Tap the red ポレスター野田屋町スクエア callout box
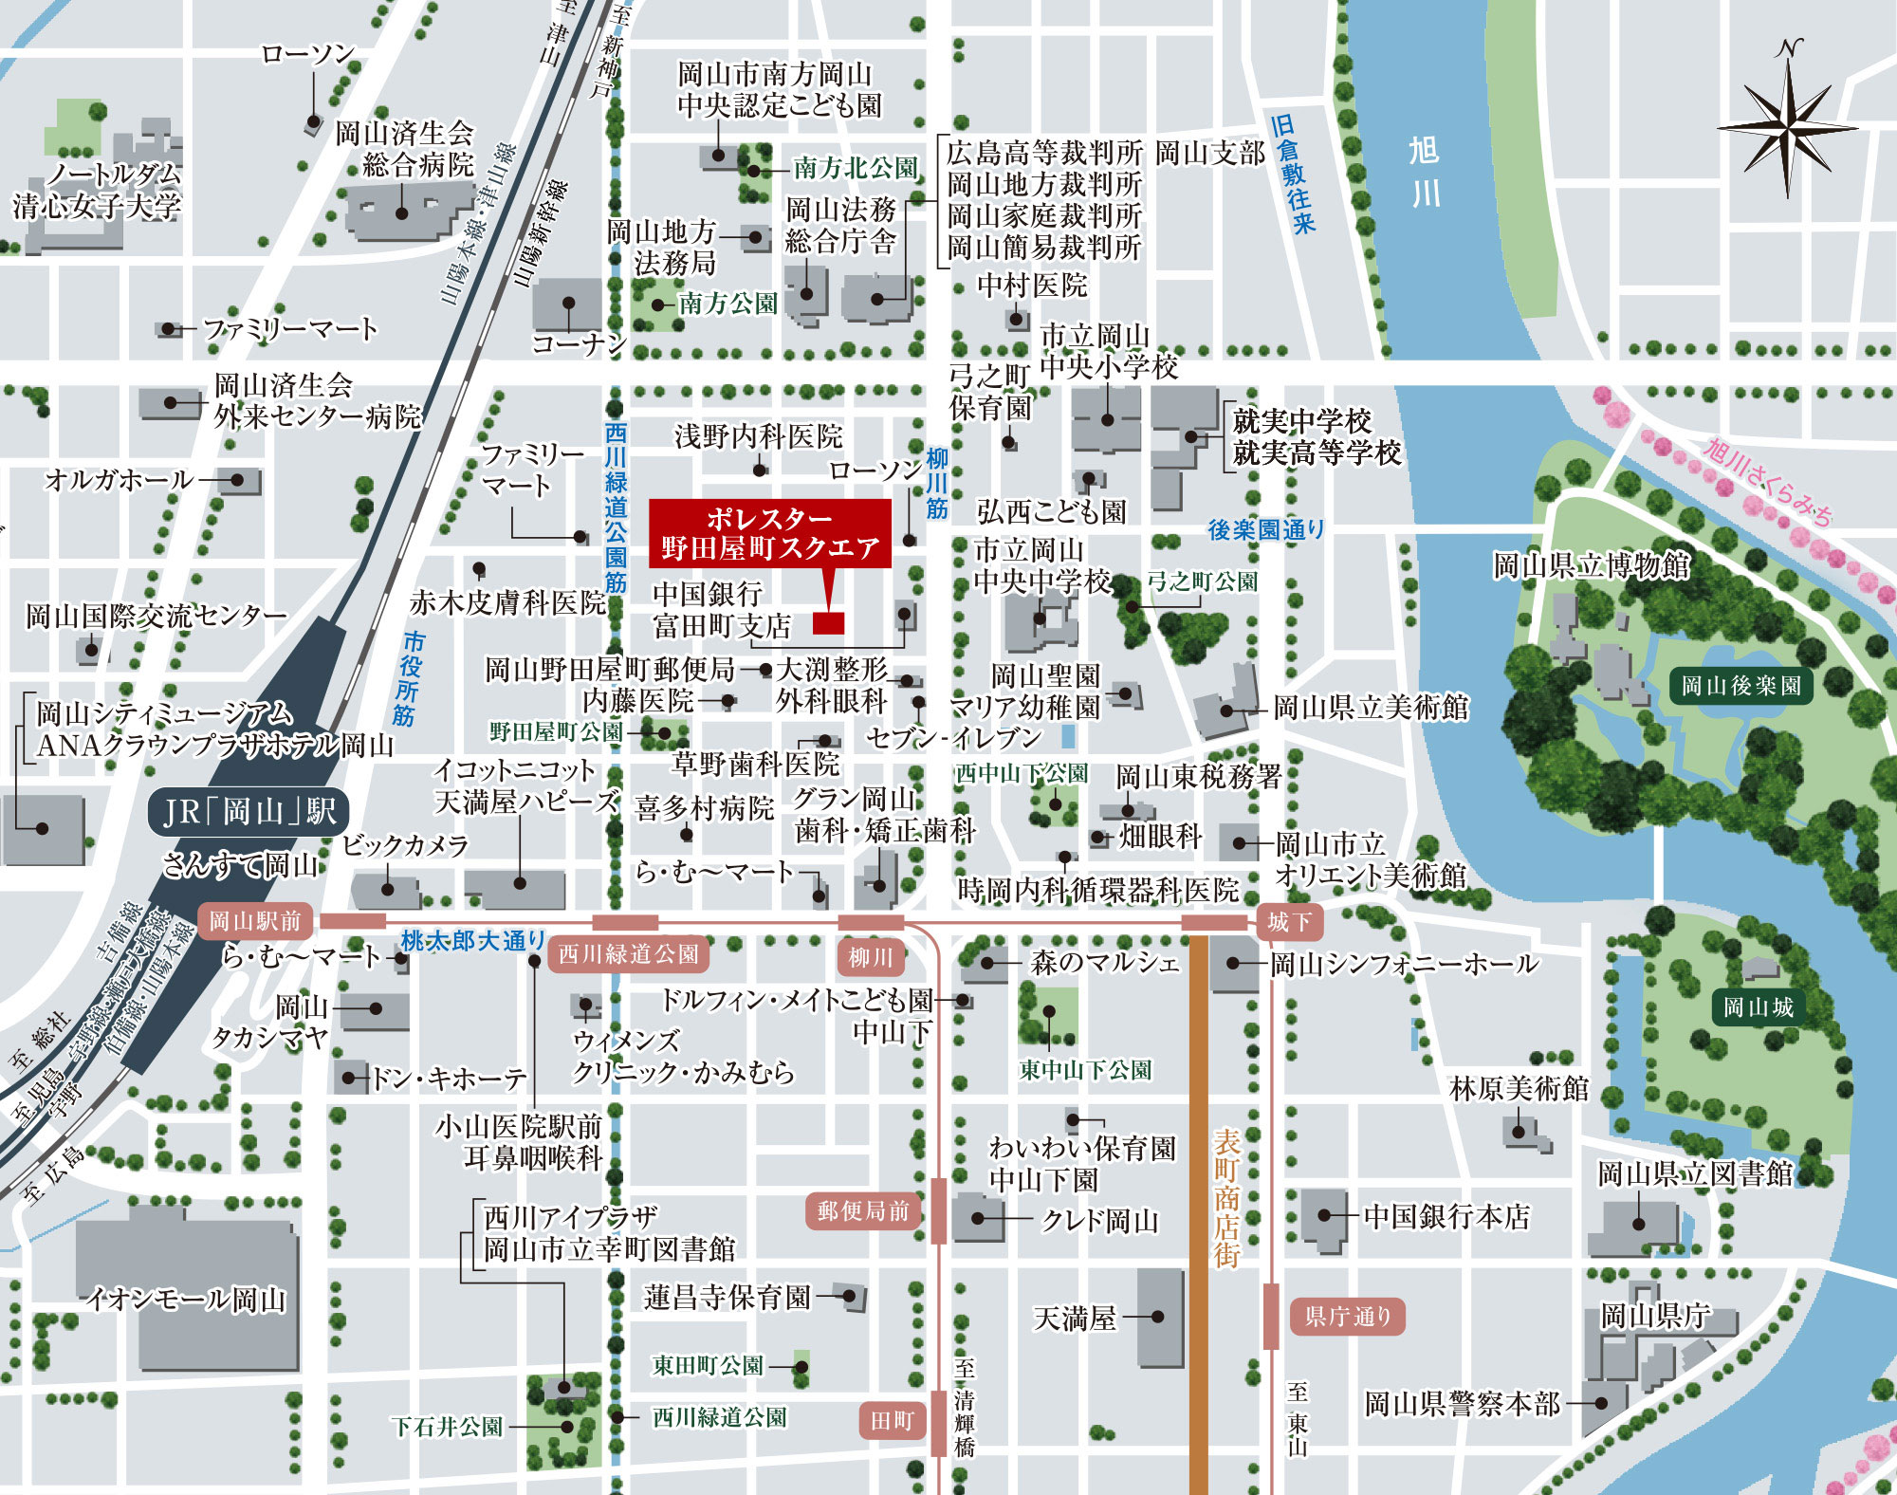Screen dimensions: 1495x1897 click(x=769, y=534)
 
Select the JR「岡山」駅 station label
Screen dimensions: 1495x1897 click(x=249, y=813)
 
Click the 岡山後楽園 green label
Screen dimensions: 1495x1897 click(x=1740, y=685)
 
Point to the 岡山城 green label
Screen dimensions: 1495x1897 click(x=1758, y=1006)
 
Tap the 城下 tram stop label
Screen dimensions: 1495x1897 click(x=1289, y=921)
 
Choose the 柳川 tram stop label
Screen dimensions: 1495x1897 click(x=870, y=957)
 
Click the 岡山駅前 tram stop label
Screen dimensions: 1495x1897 click(x=254, y=921)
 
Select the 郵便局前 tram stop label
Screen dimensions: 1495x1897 click(x=863, y=1210)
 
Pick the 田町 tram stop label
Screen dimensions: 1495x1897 click(x=892, y=1420)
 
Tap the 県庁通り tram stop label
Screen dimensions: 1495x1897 click(x=1347, y=1316)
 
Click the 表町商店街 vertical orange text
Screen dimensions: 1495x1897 click(x=1227, y=1198)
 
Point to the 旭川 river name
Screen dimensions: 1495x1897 click(x=1424, y=171)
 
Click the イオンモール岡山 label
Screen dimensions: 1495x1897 click(x=186, y=1298)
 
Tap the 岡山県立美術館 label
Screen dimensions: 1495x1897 click(x=1370, y=708)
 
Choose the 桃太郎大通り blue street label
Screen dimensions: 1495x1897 click(x=472, y=941)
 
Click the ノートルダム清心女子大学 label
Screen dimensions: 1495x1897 click(x=99, y=190)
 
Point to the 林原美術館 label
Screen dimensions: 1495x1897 click(x=1519, y=1088)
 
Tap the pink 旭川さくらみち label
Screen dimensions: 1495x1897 click(x=1768, y=482)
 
